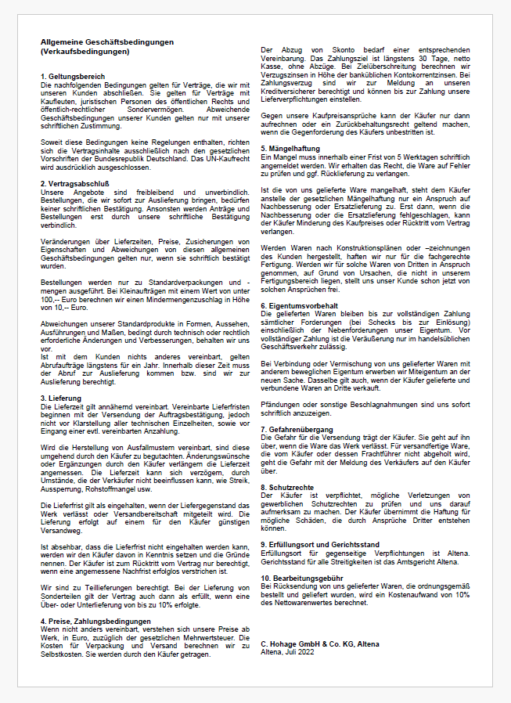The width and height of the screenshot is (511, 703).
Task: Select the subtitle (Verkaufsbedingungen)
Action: click(85, 51)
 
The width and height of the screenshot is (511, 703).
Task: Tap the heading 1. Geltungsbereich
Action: click(72, 76)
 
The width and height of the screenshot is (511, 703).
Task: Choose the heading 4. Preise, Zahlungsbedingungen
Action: click(95, 599)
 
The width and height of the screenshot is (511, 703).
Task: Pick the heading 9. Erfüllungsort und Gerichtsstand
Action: click(320, 543)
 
